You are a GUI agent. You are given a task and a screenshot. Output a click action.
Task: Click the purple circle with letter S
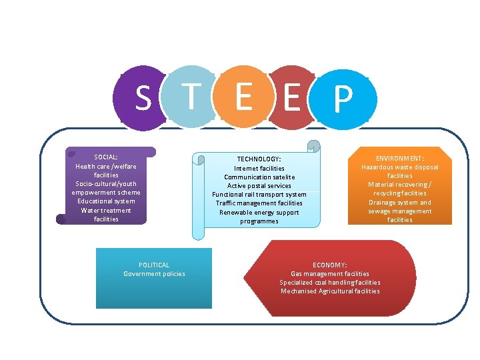141,97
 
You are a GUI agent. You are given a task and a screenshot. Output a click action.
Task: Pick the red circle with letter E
291,97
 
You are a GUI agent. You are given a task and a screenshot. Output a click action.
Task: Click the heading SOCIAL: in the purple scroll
106,157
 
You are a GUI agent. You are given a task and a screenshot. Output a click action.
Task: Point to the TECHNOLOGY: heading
259,159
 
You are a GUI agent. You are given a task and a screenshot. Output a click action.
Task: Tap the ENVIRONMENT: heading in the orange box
400,159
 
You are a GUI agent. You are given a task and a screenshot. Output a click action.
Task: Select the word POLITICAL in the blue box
154,265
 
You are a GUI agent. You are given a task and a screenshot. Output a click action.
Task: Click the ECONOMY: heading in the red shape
330,265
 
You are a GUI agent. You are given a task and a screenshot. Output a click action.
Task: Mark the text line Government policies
154,274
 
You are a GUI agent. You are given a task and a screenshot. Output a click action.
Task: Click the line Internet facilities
259,169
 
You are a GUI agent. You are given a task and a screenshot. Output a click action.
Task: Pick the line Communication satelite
259,177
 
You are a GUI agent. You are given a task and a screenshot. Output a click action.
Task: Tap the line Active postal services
259,186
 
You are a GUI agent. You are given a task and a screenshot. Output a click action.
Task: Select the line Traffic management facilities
259,203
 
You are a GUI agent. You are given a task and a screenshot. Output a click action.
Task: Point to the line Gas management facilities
330,274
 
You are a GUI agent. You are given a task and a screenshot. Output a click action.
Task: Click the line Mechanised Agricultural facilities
330,291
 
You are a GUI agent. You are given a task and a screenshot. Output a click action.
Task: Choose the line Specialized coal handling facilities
330,283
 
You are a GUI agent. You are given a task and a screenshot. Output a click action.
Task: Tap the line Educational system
106,201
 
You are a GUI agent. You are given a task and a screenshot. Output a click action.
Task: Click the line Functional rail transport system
259,195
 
